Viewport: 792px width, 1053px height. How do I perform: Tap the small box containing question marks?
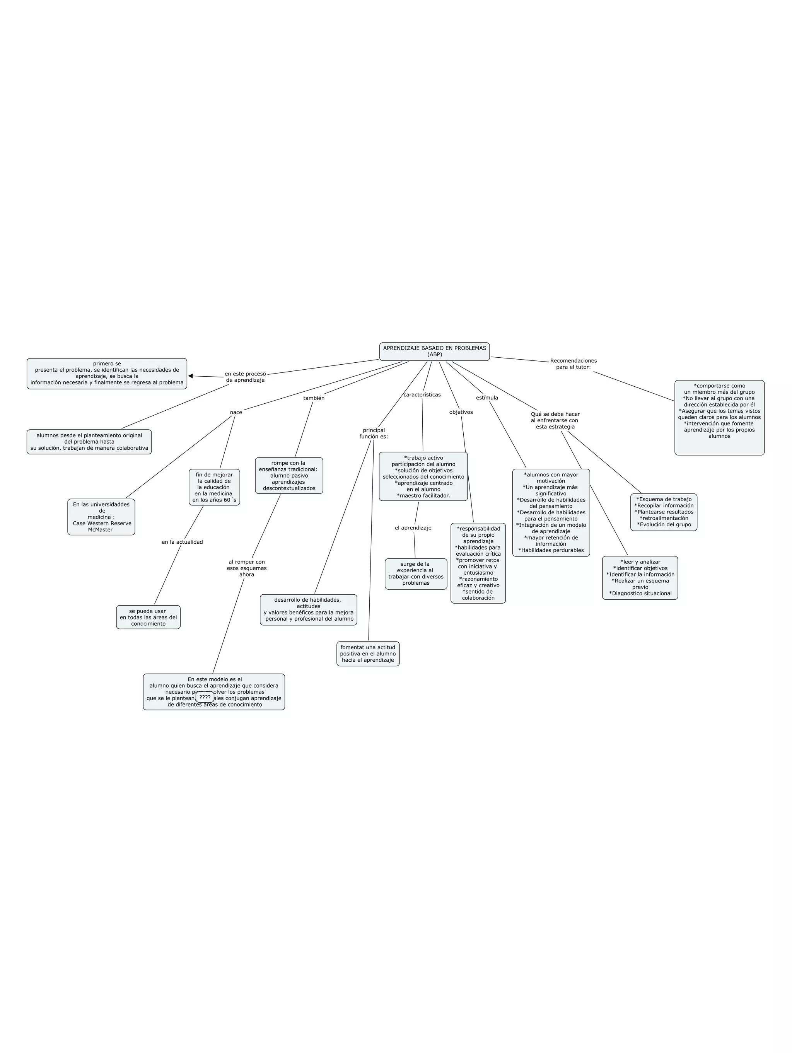(205, 697)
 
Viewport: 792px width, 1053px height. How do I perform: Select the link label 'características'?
(422, 395)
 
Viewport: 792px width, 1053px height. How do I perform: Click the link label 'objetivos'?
(461, 412)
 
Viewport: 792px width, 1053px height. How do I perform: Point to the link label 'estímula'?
(487, 398)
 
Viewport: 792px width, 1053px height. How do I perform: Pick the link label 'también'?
(314, 398)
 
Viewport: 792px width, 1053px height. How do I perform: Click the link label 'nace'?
(236, 412)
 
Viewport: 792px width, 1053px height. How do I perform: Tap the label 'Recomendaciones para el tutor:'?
(573, 364)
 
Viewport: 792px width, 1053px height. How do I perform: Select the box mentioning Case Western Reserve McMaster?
(101, 517)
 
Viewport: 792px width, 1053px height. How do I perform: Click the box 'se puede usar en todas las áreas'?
(148, 618)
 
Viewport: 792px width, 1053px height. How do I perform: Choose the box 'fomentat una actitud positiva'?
(368, 654)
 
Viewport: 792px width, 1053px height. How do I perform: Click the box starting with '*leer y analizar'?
(640, 577)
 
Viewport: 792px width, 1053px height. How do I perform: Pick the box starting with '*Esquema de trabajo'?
(664, 512)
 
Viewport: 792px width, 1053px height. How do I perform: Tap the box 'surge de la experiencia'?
(415, 573)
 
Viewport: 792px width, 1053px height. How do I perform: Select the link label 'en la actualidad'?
(182, 542)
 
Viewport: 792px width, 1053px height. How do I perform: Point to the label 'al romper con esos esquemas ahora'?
(247, 568)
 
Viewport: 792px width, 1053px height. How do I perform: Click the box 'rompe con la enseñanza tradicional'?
(289, 476)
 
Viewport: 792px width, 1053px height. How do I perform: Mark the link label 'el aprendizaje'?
(413, 527)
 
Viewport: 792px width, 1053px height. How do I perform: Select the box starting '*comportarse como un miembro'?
(719, 418)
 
